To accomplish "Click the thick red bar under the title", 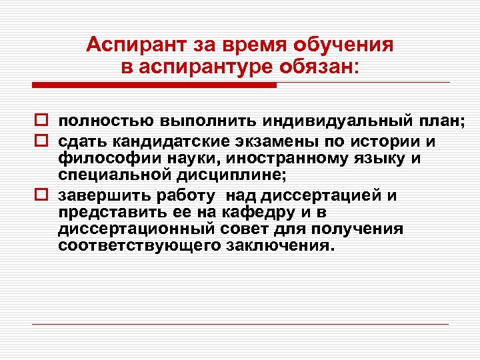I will (154, 85).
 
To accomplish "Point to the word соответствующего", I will (133, 246).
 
